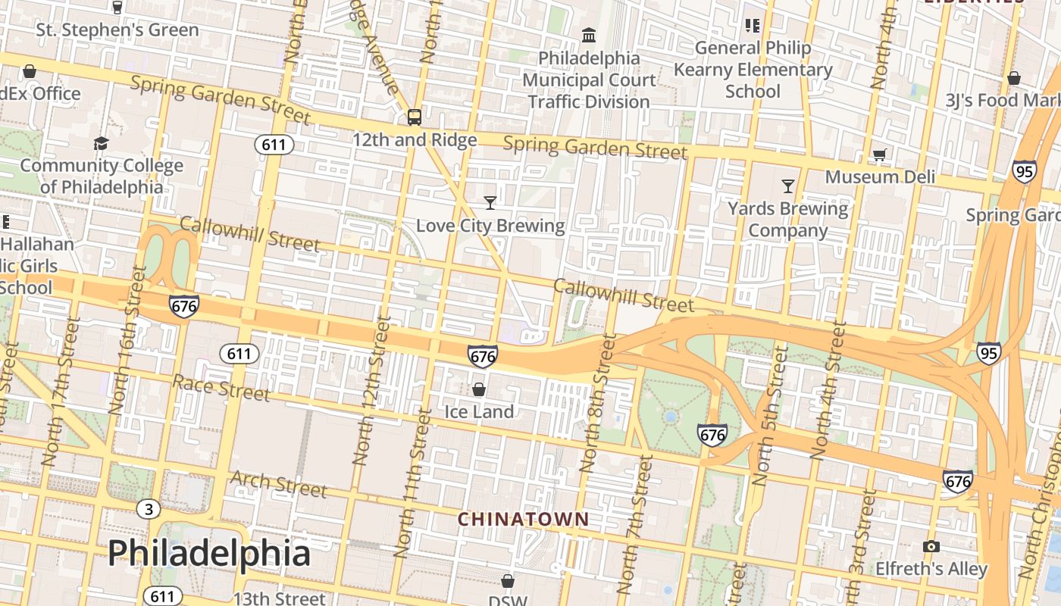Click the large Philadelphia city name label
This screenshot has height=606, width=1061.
208,553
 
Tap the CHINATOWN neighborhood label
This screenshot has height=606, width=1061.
523,520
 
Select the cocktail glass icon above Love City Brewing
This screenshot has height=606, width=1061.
490,202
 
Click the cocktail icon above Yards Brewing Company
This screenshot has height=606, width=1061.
788,186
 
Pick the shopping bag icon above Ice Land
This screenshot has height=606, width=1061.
479,389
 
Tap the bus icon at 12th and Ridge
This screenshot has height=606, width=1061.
414,117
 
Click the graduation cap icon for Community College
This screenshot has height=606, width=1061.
101,144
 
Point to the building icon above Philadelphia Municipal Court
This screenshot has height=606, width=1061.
589,35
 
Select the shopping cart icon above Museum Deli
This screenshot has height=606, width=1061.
879,155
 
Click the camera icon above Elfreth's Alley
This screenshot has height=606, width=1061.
931,546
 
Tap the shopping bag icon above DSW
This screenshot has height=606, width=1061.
508,581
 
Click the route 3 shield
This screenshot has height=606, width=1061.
149,509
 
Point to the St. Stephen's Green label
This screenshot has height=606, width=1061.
117,30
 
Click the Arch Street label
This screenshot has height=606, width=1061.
278,483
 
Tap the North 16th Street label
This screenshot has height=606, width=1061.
127,339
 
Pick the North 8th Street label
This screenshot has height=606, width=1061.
598,403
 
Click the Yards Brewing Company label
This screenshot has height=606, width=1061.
788,219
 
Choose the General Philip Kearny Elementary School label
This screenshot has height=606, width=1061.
753,70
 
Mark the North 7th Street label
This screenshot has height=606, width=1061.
635,523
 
